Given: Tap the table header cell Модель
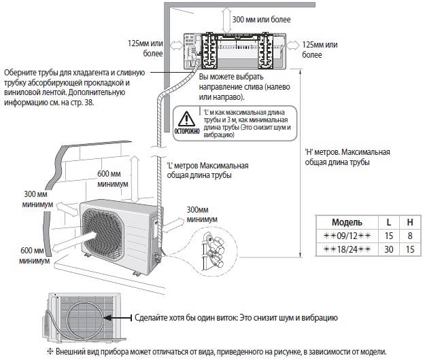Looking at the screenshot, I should (347, 222).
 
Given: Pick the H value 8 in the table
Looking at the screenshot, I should (409, 235).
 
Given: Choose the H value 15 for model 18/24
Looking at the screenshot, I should (409, 249).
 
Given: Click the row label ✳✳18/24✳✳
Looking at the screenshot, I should (347, 249).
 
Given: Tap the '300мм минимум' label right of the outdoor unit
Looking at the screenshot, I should (201, 215).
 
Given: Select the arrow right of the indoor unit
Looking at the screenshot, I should (292, 46).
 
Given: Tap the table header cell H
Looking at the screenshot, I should (409, 222).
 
